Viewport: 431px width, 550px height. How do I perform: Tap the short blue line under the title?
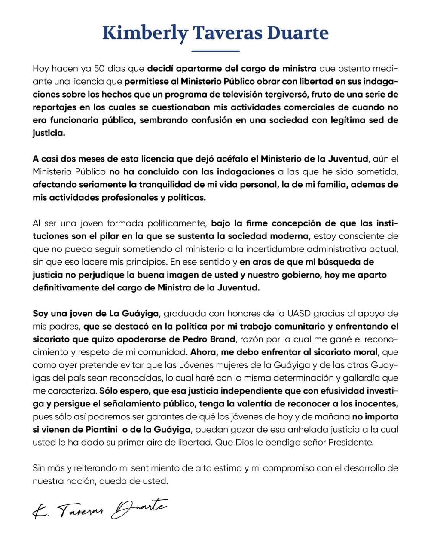pyautogui.click(x=215, y=52)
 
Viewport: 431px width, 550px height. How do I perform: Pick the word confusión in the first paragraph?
pyautogui.click(x=227, y=120)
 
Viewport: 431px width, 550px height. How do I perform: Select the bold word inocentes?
pyautogui.click(x=376, y=403)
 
